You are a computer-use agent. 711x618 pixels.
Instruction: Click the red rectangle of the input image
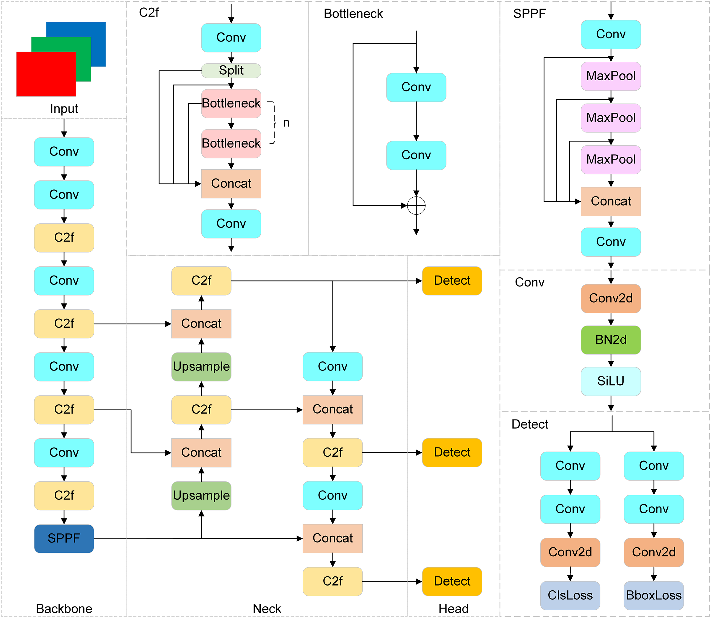(46, 74)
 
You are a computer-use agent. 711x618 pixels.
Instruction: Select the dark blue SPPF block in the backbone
(64, 538)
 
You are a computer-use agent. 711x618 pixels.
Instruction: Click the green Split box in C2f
(231, 70)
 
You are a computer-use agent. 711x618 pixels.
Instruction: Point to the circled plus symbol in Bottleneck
(416, 206)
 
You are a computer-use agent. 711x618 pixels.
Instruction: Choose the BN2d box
(611, 340)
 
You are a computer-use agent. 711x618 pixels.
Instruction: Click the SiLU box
(611, 381)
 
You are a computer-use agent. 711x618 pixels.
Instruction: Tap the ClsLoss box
(570, 595)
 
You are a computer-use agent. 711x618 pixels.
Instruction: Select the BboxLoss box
(653, 595)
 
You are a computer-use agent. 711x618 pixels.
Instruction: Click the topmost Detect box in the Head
(452, 281)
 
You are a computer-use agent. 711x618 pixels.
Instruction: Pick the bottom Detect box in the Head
(452, 581)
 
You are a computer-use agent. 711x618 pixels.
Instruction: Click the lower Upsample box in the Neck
(201, 496)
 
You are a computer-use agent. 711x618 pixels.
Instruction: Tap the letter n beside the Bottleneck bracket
(286, 123)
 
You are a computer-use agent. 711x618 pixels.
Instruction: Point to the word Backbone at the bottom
(64, 609)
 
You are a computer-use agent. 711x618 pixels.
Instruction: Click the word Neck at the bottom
(267, 609)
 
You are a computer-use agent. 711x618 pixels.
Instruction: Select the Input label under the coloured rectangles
(64, 109)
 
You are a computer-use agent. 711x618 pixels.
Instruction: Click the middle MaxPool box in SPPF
(611, 118)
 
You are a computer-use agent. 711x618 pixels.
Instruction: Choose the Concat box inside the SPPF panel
(611, 201)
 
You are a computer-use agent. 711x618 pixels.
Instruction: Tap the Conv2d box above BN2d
(611, 298)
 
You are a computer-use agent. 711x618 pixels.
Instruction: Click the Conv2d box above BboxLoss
(653, 552)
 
